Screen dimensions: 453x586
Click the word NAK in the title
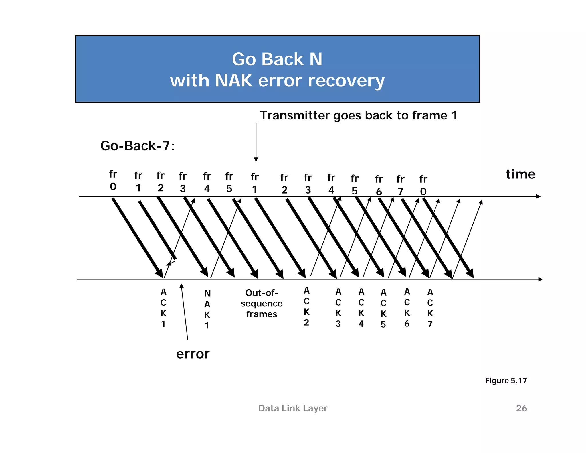pyautogui.click(x=233, y=81)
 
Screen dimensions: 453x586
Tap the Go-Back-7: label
pyautogui.click(x=137, y=146)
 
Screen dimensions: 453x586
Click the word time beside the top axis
pyautogui.click(x=520, y=174)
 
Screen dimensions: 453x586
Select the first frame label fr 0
pyautogui.click(x=113, y=180)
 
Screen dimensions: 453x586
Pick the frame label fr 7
pyautogui.click(x=400, y=185)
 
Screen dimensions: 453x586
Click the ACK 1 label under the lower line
pyautogui.click(x=163, y=308)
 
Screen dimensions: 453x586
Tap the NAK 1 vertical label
pyautogui.click(x=207, y=309)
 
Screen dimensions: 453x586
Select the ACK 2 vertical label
pyautogui.click(x=306, y=306)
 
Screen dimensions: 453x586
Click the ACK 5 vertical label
pyautogui.click(x=383, y=308)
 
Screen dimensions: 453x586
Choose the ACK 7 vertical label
pyautogui.click(x=430, y=308)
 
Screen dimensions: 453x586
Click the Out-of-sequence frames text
pyautogui.click(x=262, y=304)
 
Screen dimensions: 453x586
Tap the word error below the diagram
pyautogui.click(x=193, y=354)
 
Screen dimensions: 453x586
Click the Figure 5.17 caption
pyautogui.click(x=506, y=381)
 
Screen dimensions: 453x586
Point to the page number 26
pyautogui.click(x=521, y=408)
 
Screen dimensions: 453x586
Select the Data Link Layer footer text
pyautogui.click(x=292, y=408)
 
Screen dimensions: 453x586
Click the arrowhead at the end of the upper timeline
pyautogui.click(x=538, y=196)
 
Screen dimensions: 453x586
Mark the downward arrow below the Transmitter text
pyautogui.click(x=256, y=143)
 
